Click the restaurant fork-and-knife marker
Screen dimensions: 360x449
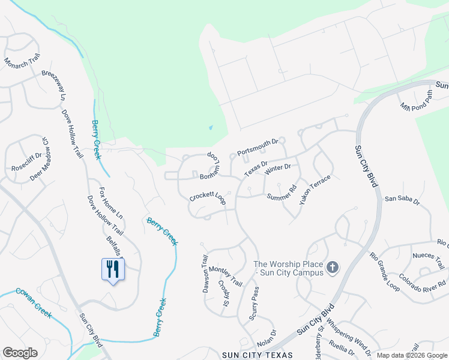[x=112, y=269]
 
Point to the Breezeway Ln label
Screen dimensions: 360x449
[x=53, y=85]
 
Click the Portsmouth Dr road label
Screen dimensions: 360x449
[x=258, y=148]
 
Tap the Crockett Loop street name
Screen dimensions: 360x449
[x=207, y=198]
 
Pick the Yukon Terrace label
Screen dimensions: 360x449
[x=315, y=190]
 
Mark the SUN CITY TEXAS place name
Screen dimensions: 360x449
[x=258, y=355]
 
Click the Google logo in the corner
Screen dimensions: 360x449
[x=20, y=353]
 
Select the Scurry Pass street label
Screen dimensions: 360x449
[x=255, y=303]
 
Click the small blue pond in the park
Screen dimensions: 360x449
[x=210, y=127]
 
